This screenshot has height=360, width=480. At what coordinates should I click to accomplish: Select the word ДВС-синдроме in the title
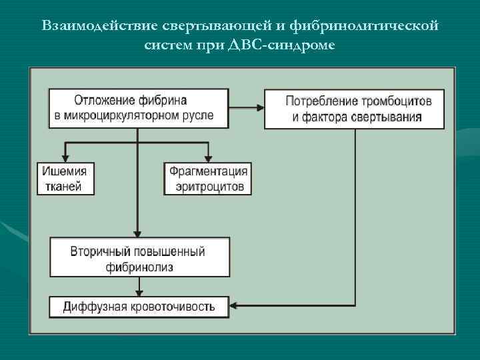click(296, 45)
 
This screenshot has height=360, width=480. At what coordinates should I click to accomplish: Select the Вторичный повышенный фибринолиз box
click(139, 257)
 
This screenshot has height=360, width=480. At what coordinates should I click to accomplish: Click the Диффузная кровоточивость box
click(139, 307)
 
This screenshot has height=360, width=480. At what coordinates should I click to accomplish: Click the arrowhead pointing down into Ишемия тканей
click(65, 158)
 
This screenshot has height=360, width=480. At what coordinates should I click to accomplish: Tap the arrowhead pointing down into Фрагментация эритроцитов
click(208, 158)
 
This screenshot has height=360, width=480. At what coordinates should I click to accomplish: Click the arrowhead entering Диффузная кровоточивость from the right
click(236, 307)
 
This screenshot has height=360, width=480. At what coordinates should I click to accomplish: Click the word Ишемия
click(65, 171)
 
